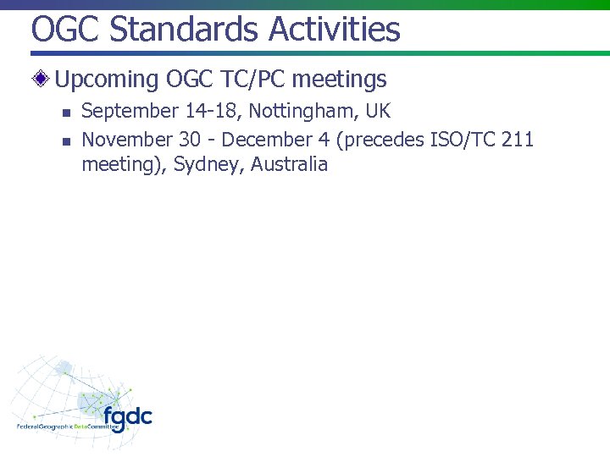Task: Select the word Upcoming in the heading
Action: [x=107, y=80]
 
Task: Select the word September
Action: [x=130, y=112]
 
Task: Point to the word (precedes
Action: [x=380, y=139]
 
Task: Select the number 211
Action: [x=517, y=139]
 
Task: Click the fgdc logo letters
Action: [x=128, y=416]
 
